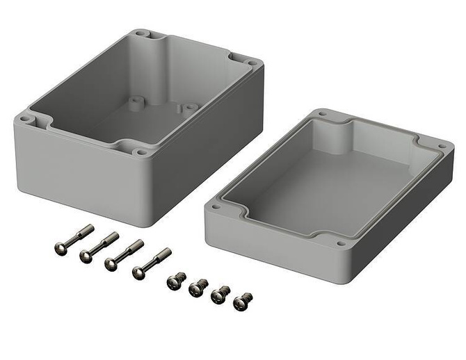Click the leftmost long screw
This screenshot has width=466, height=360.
[x=73, y=238]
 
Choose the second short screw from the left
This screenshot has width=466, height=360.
[x=198, y=287]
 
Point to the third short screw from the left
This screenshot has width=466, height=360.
[x=220, y=295]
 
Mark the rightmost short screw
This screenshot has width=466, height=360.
[x=242, y=301]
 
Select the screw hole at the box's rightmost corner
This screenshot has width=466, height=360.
[x=252, y=63]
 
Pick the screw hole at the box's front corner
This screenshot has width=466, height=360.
[x=142, y=151]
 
